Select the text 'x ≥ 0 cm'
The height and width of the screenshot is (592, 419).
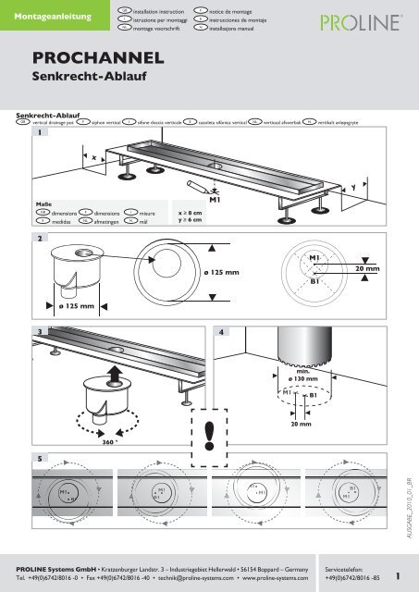190,211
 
